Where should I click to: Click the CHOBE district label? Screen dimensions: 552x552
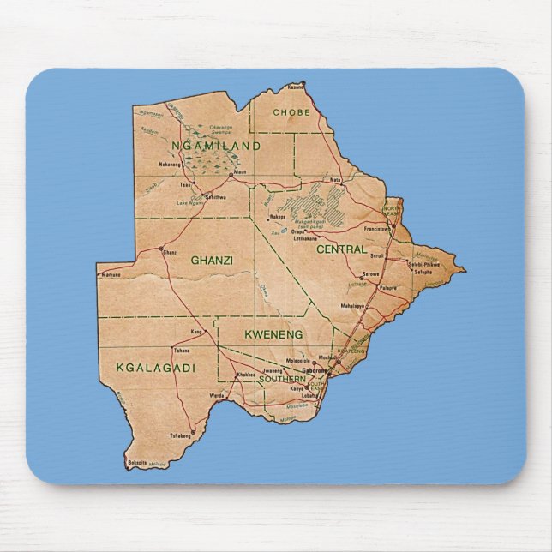291,112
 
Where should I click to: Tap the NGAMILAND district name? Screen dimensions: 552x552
216,147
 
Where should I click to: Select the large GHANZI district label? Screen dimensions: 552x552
212,259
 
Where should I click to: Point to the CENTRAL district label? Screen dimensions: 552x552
341,249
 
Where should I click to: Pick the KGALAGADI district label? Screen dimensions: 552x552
155,368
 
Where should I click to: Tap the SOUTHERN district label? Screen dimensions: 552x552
282,379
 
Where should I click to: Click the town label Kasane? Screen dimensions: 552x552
297,87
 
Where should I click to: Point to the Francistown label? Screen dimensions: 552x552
375,229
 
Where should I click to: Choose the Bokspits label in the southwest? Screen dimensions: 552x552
137,463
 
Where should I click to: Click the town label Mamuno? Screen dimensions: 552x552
111,275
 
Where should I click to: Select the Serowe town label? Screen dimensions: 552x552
370,274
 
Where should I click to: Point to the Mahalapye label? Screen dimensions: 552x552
353,305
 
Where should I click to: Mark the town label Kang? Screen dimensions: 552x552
196,331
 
